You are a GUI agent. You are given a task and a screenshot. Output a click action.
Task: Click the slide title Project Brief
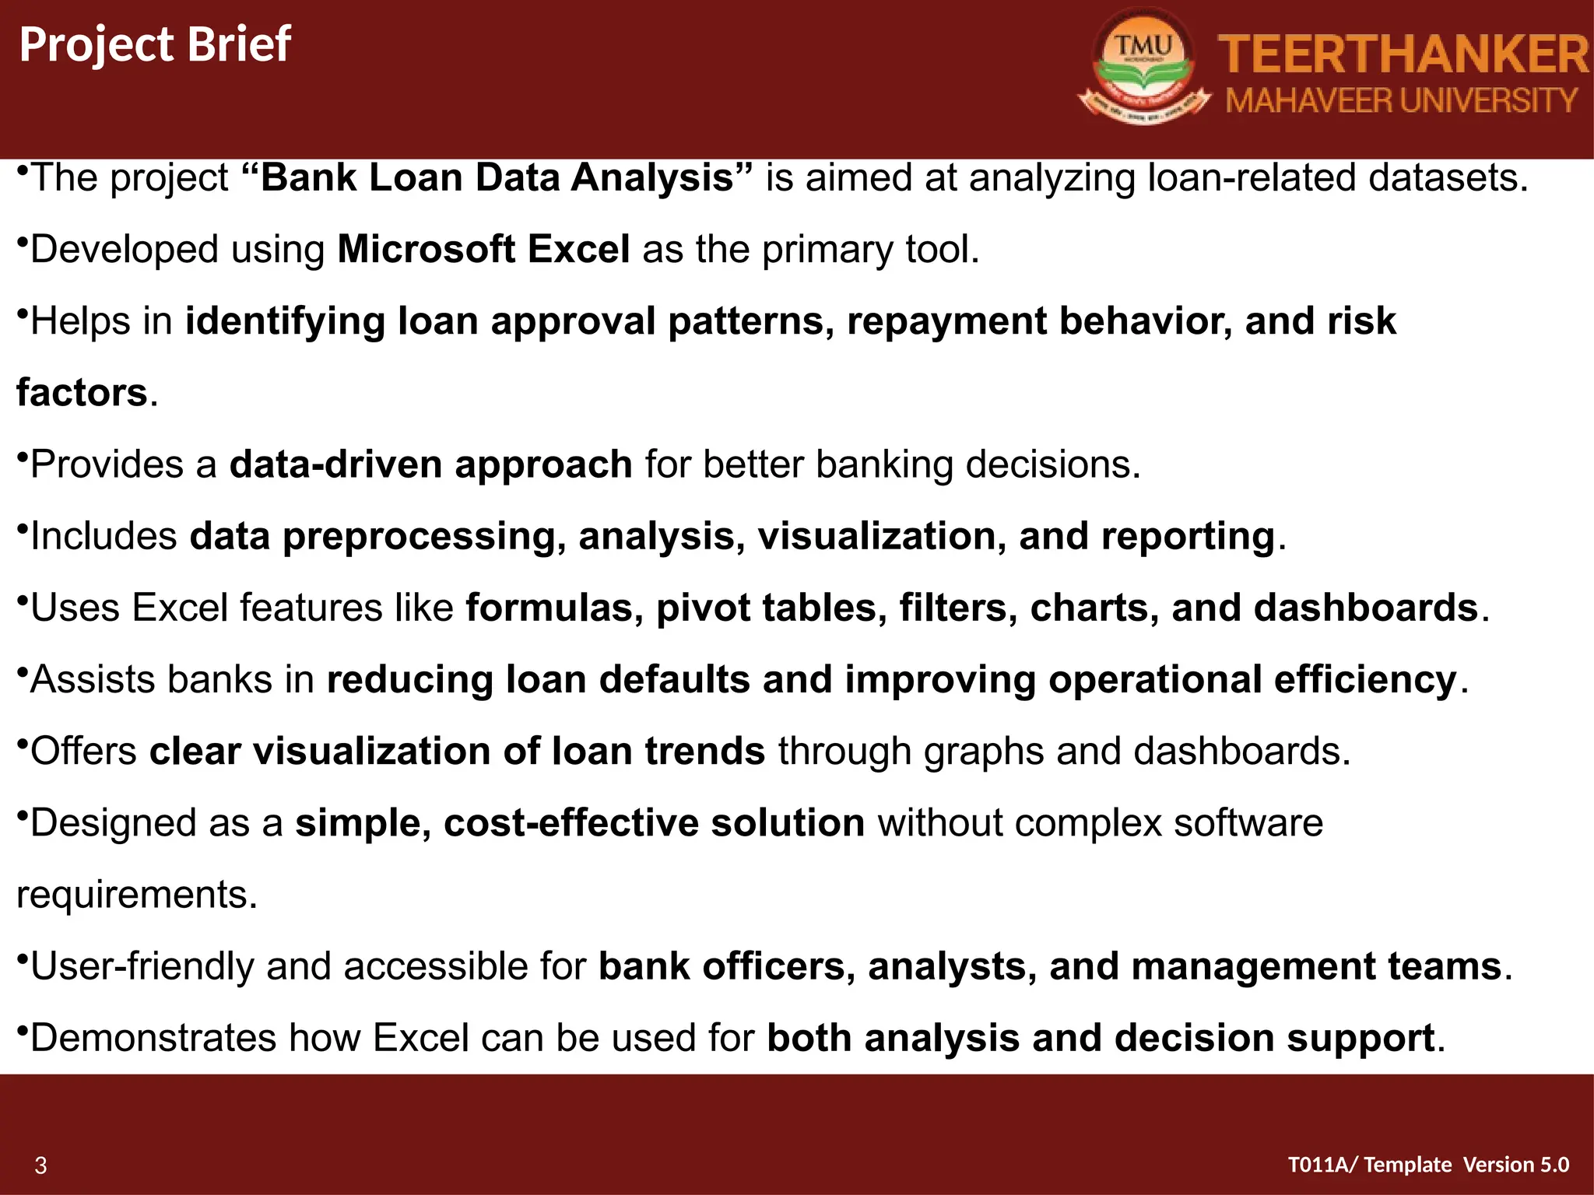[155, 44]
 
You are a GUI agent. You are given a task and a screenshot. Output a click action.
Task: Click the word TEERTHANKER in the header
[1403, 54]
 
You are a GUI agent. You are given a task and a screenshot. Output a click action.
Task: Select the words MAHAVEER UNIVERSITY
[1402, 101]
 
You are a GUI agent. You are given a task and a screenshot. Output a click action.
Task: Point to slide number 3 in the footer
[40, 1165]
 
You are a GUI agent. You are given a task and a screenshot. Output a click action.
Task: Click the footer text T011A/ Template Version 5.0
[1428, 1165]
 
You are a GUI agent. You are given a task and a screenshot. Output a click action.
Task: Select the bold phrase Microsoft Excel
[483, 250]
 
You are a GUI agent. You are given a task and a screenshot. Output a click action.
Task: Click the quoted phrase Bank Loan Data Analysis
[497, 178]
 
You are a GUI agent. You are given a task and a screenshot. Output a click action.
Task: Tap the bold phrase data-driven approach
[430, 464]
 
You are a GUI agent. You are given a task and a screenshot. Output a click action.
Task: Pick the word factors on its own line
[82, 393]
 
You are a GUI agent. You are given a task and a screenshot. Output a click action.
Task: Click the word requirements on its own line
[136, 895]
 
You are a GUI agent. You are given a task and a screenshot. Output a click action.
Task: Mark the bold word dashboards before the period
[1365, 608]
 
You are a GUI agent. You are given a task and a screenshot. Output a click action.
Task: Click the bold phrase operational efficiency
[1252, 679]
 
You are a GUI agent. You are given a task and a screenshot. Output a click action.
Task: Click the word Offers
[83, 752]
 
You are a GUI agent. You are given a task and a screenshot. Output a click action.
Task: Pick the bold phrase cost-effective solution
[654, 823]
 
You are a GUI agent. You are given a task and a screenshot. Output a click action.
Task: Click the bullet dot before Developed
[23, 242]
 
